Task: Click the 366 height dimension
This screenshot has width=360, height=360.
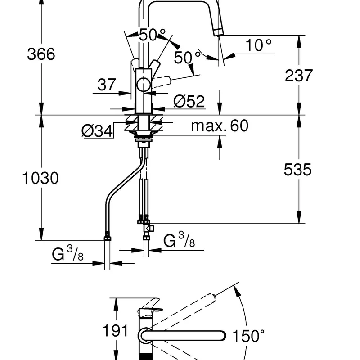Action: point(41,54)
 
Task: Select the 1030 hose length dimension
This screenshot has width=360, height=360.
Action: point(40,178)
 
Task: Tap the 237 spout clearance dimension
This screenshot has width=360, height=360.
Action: point(299,75)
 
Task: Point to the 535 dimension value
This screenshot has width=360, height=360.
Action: point(298,170)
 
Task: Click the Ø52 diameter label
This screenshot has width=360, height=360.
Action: point(189,101)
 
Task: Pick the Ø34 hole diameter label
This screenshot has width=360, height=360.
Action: point(97,131)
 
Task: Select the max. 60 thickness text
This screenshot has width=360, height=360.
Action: point(220,126)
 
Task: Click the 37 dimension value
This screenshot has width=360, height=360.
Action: point(107,85)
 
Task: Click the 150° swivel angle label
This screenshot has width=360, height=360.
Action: point(249,336)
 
